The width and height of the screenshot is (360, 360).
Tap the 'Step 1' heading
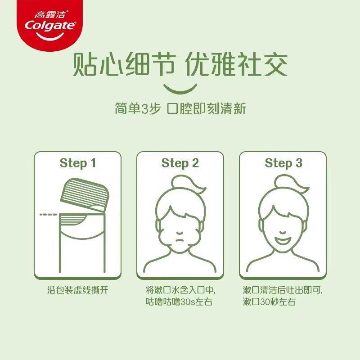(x=78, y=163)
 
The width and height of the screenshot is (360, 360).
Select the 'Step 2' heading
(x=180, y=163)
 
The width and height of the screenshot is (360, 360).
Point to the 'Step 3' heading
(x=283, y=163)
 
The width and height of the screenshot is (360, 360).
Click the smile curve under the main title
(x=180, y=89)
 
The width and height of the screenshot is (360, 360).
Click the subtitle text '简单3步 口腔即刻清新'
(x=180, y=109)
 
